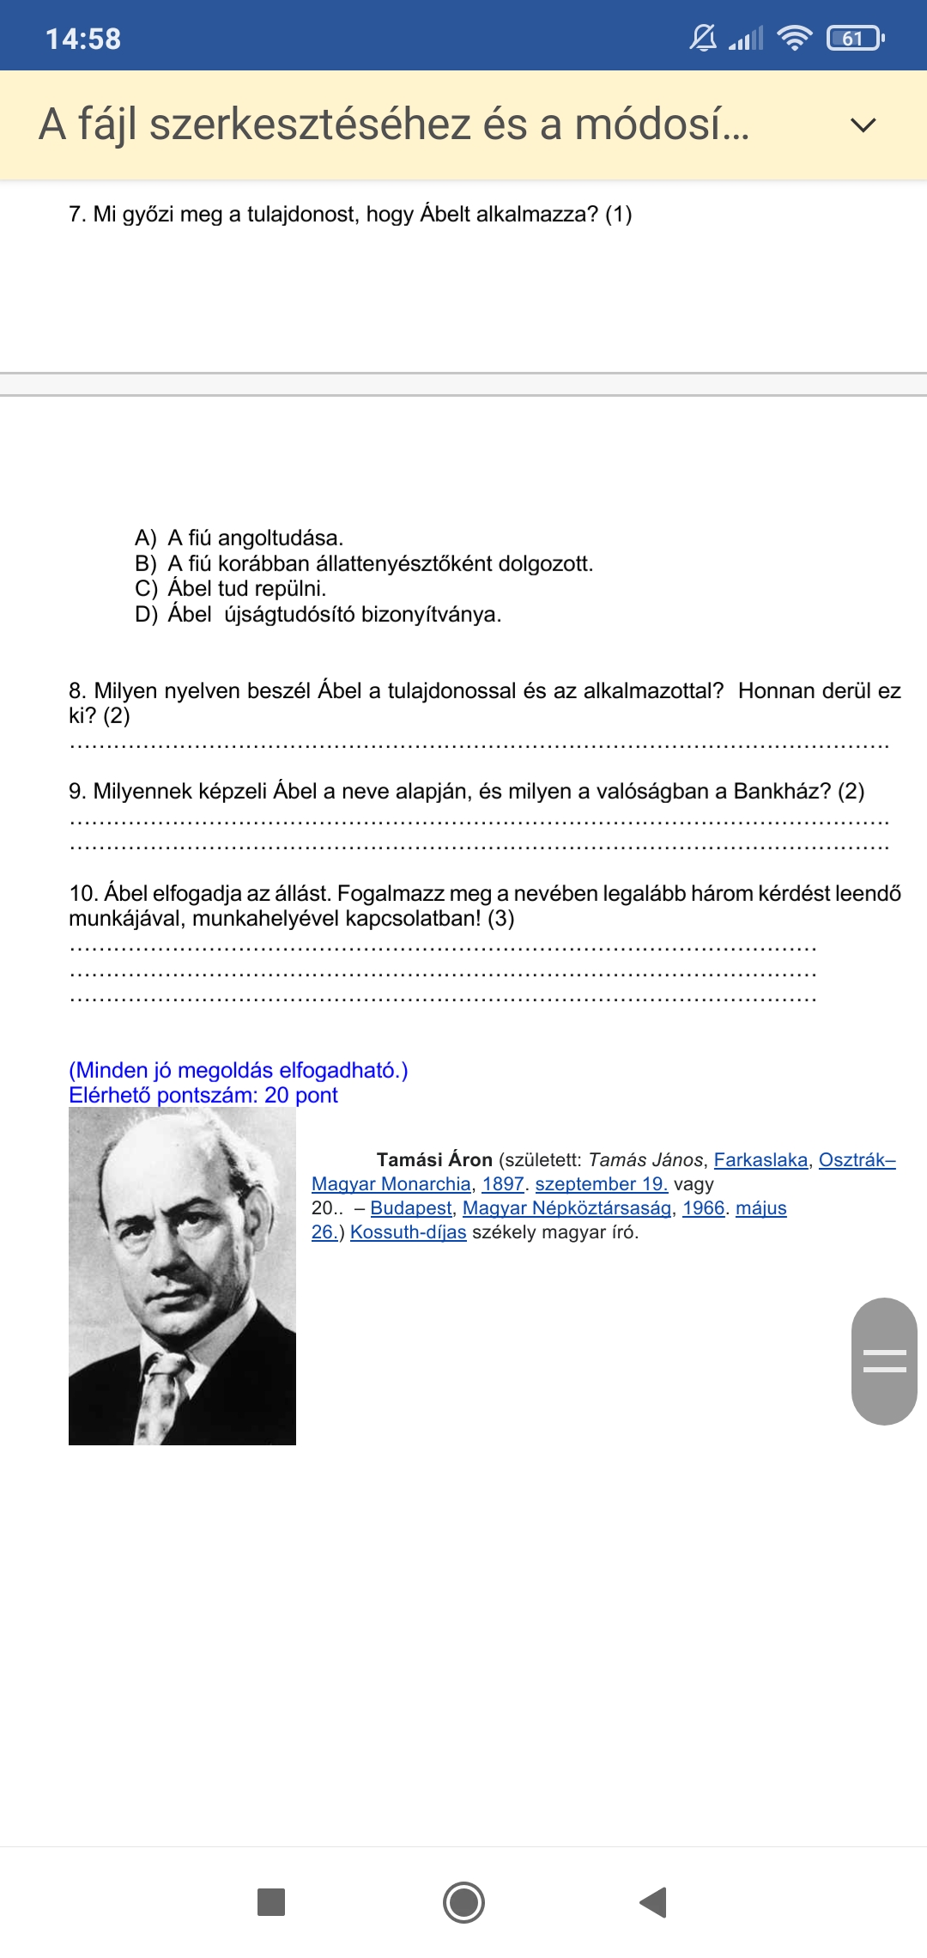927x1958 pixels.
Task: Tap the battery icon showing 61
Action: (x=854, y=39)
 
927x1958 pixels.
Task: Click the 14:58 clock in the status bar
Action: (x=83, y=39)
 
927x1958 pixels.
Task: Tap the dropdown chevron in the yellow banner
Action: (x=863, y=125)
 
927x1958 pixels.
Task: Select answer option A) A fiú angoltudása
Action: (x=255, y=538)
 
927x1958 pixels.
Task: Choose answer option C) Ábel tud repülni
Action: (x=246, y=589)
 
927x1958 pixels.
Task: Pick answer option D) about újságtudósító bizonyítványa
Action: (x=334, y=615)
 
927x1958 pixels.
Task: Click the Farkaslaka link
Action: (x=760, y=1160)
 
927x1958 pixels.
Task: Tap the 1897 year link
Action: (x=503, y=1184)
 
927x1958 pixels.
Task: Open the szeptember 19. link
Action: (x=601, y=1184)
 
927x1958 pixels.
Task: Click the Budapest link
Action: (x=411, y=1208)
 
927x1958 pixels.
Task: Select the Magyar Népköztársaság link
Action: (x=566, y=1208)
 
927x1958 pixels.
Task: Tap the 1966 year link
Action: (x=704, y=1208)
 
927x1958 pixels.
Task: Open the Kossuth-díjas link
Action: (x=408, y=1232)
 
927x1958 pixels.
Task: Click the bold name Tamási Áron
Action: (x=434, y=1160)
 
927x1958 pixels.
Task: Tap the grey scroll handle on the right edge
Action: (x=884, y=1361)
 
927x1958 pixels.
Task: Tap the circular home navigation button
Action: (x=463, y=1902)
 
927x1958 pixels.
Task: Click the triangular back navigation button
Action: (x=654, y=1902)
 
